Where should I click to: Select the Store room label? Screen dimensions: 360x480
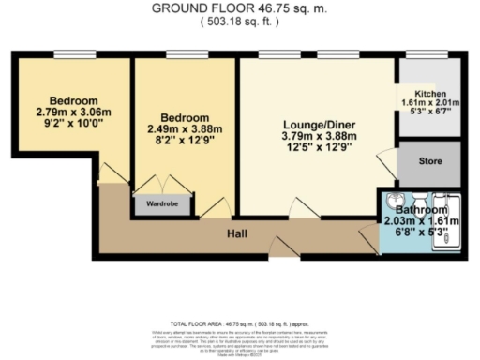click(429, 161)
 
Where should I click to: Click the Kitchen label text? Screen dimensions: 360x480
click(429, 95)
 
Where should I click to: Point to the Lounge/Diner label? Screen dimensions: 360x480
click(317, 123)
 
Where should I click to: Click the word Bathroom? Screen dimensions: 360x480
click(421, 210)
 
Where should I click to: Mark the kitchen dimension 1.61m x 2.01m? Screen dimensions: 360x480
click(429, 103)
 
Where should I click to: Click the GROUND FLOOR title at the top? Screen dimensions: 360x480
click(238, 8)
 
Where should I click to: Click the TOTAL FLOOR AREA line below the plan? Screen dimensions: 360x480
click(238, 320)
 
